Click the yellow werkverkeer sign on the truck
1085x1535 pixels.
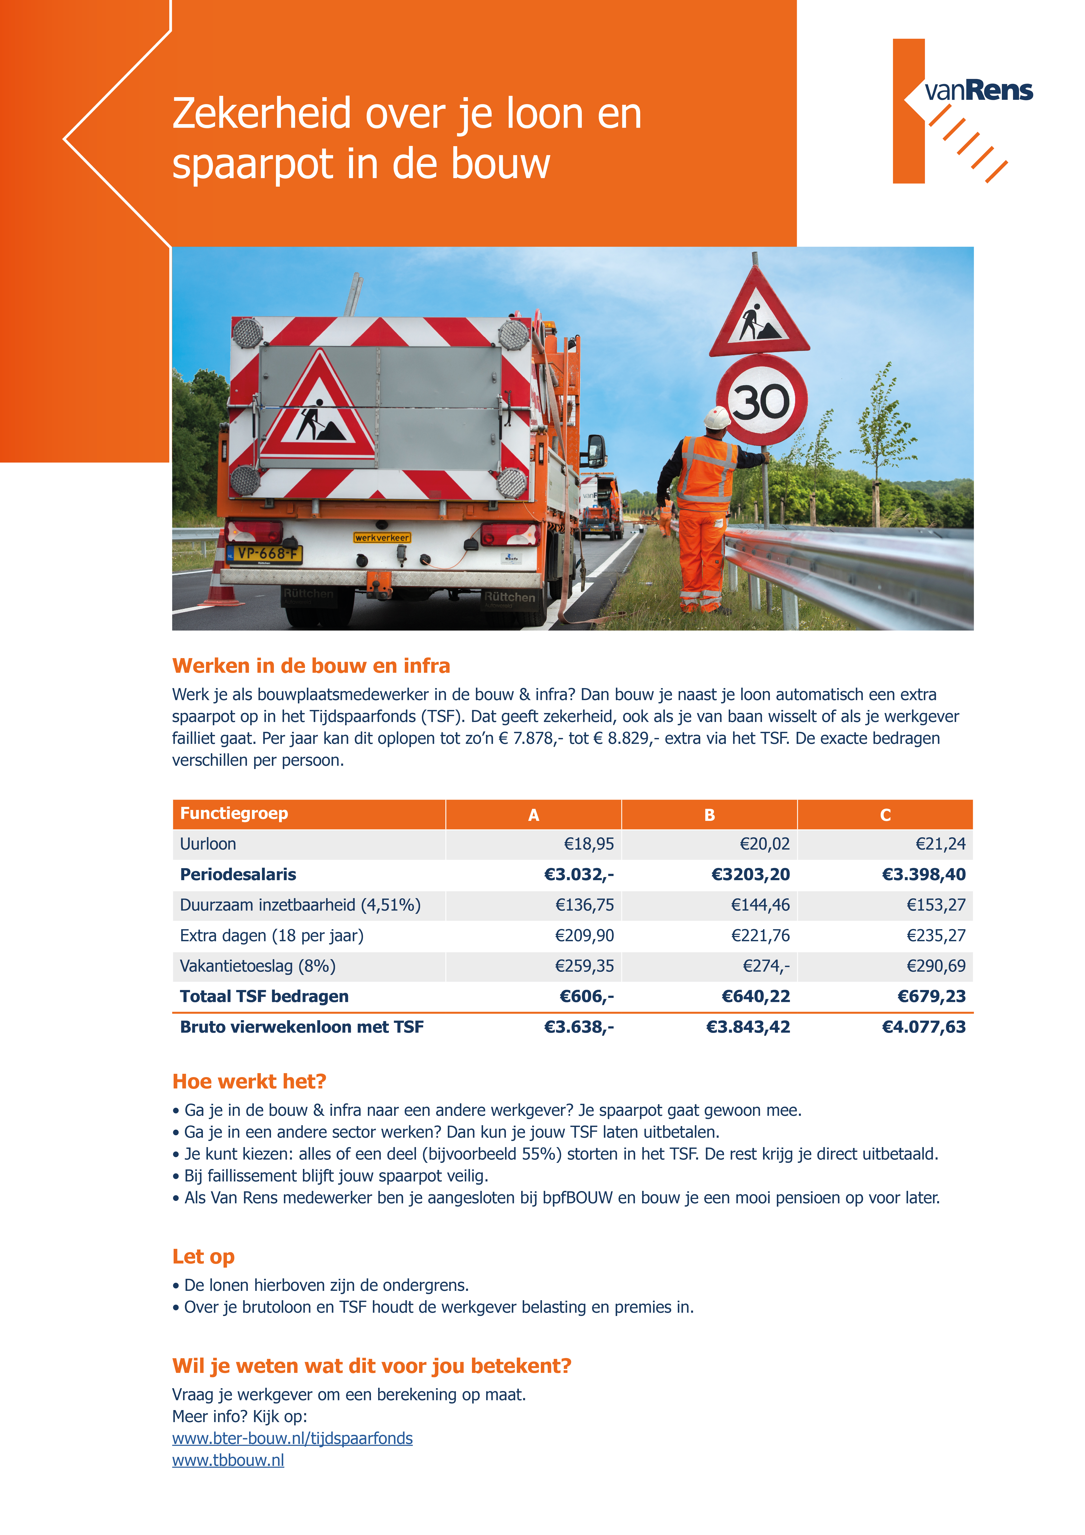tap(382, 538)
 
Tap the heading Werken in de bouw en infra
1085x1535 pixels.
tap(311, 666)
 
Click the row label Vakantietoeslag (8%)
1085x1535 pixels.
tap(257, 966)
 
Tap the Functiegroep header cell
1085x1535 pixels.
tap(234, 814)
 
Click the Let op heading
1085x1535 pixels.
tap(203, 1257)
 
